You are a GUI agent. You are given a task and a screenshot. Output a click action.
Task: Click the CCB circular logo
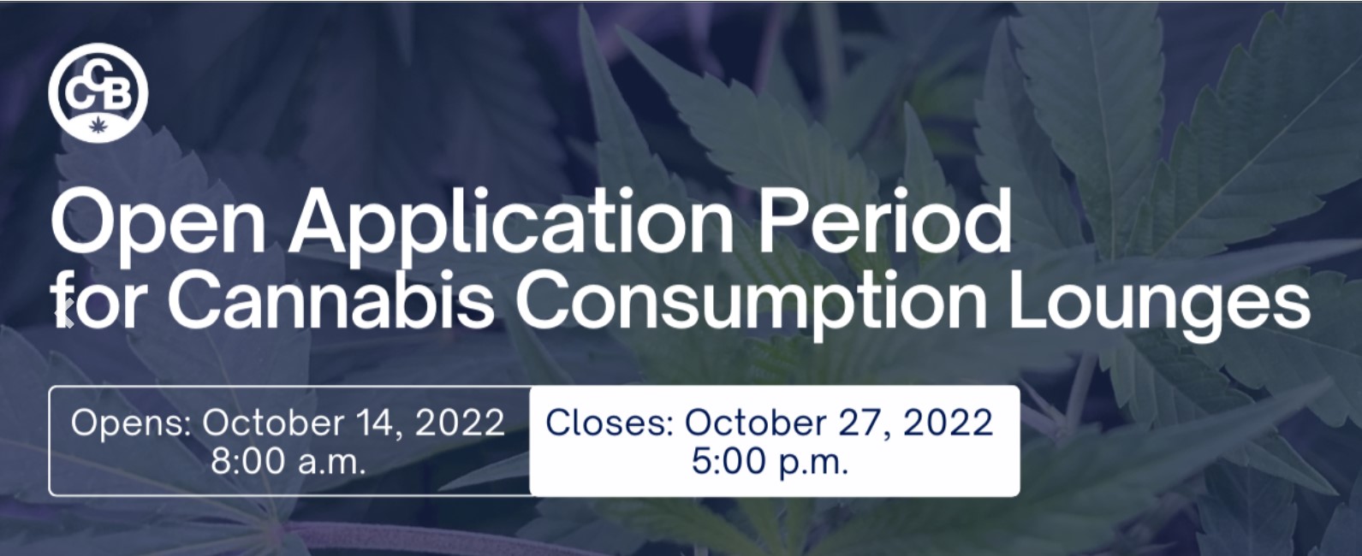[x=98, y=92]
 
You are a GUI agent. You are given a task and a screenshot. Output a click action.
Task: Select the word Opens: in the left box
[x=131, y=423]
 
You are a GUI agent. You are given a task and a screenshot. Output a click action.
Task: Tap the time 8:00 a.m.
[x=288, y=462]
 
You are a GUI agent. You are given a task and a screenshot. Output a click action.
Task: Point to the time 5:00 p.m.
[x=770, y=462]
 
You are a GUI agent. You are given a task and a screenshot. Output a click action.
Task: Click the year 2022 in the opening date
[x=460, y=423]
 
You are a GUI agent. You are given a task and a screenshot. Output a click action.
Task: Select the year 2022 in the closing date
[x=948, y=423]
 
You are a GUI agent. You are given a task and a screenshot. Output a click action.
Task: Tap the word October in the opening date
[x=274, y=423]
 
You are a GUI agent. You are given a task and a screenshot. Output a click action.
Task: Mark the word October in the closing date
[x=757, y=423]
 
